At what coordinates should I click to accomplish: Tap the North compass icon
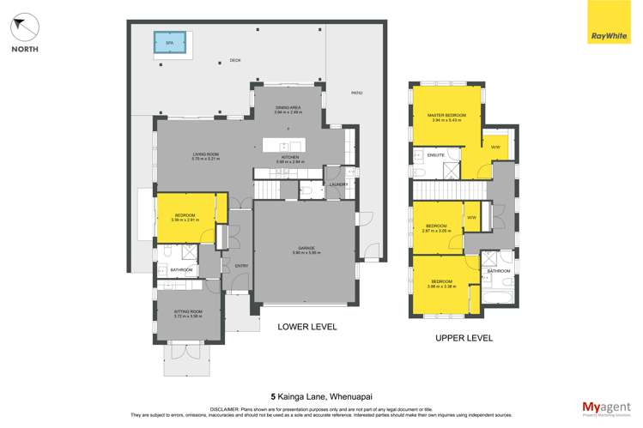24,28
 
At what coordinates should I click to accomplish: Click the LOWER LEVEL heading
306,327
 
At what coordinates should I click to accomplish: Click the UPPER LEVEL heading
464,338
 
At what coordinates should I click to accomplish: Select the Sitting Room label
187,315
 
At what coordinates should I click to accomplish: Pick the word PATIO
357,93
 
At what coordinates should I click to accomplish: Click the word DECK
234,60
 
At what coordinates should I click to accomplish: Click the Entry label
241,265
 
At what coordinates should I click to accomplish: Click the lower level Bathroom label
182,271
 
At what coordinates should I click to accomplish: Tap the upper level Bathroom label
499,271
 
